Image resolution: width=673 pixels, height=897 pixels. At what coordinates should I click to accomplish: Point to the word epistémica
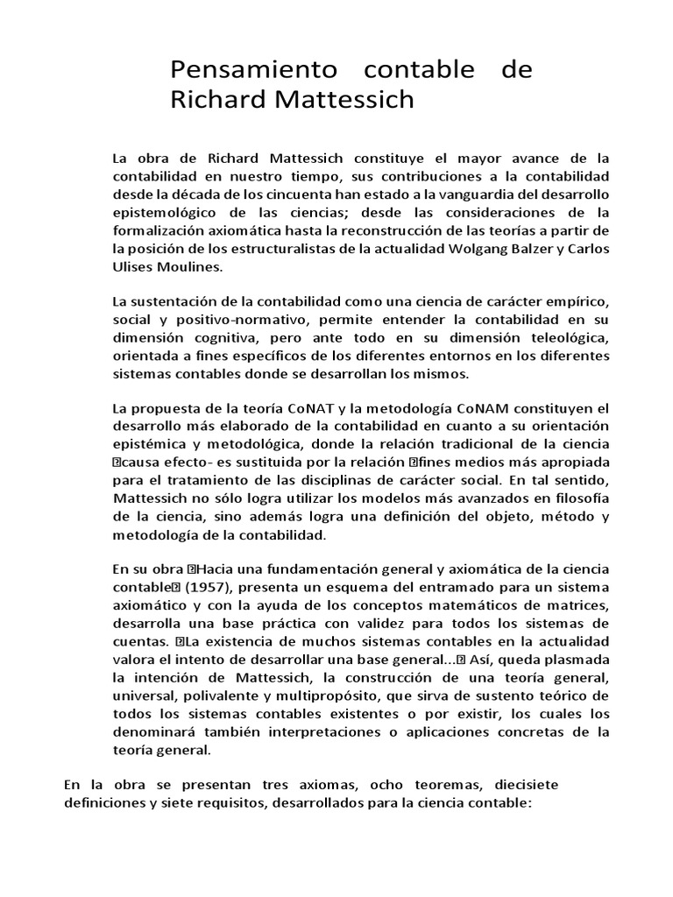point(150,444)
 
